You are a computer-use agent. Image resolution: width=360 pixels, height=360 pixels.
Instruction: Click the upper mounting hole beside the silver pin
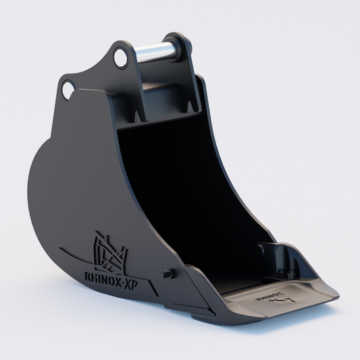point(120,57)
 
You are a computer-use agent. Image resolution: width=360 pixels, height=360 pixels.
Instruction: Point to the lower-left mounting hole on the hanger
point(68,88)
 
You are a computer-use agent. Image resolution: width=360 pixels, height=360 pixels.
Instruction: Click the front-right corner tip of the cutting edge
point(336,295)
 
